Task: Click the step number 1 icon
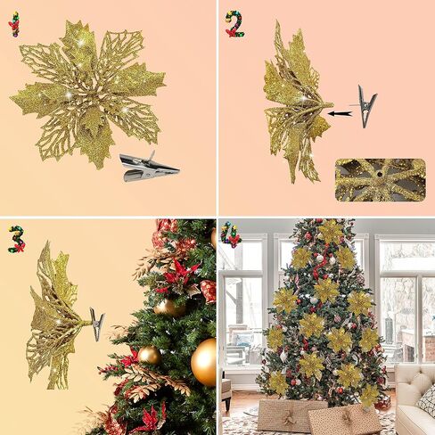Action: (x=14, y=24)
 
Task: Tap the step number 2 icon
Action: (x=234, y=24)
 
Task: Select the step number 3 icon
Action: (x=17, y=239)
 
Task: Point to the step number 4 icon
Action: (x=231, y=234)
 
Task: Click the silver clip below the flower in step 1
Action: (x=149, y=168)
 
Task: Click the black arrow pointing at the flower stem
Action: (x=340, y=113)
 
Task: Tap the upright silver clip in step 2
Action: (x=364, y=106)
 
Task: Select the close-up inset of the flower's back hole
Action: (x=381, y=180)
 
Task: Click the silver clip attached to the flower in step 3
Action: (x=97, y=324)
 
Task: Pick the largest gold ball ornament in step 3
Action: (x=204, y=362)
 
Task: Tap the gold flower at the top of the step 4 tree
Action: (x=330, y=232)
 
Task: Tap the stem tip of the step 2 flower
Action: (x=331, y=104)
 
